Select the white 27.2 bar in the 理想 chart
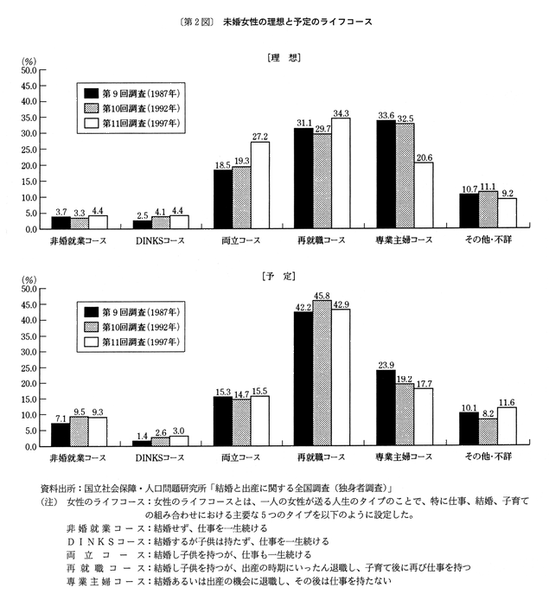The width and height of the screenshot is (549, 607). (x=259, y=185)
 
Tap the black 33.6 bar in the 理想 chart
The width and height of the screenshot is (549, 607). (x=386, y=175)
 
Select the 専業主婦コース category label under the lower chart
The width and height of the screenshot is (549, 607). (x=405, y=457)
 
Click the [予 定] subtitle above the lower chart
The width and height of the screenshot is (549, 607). (x=286, y=275)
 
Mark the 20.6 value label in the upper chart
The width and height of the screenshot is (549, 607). (x=424, y=157)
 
